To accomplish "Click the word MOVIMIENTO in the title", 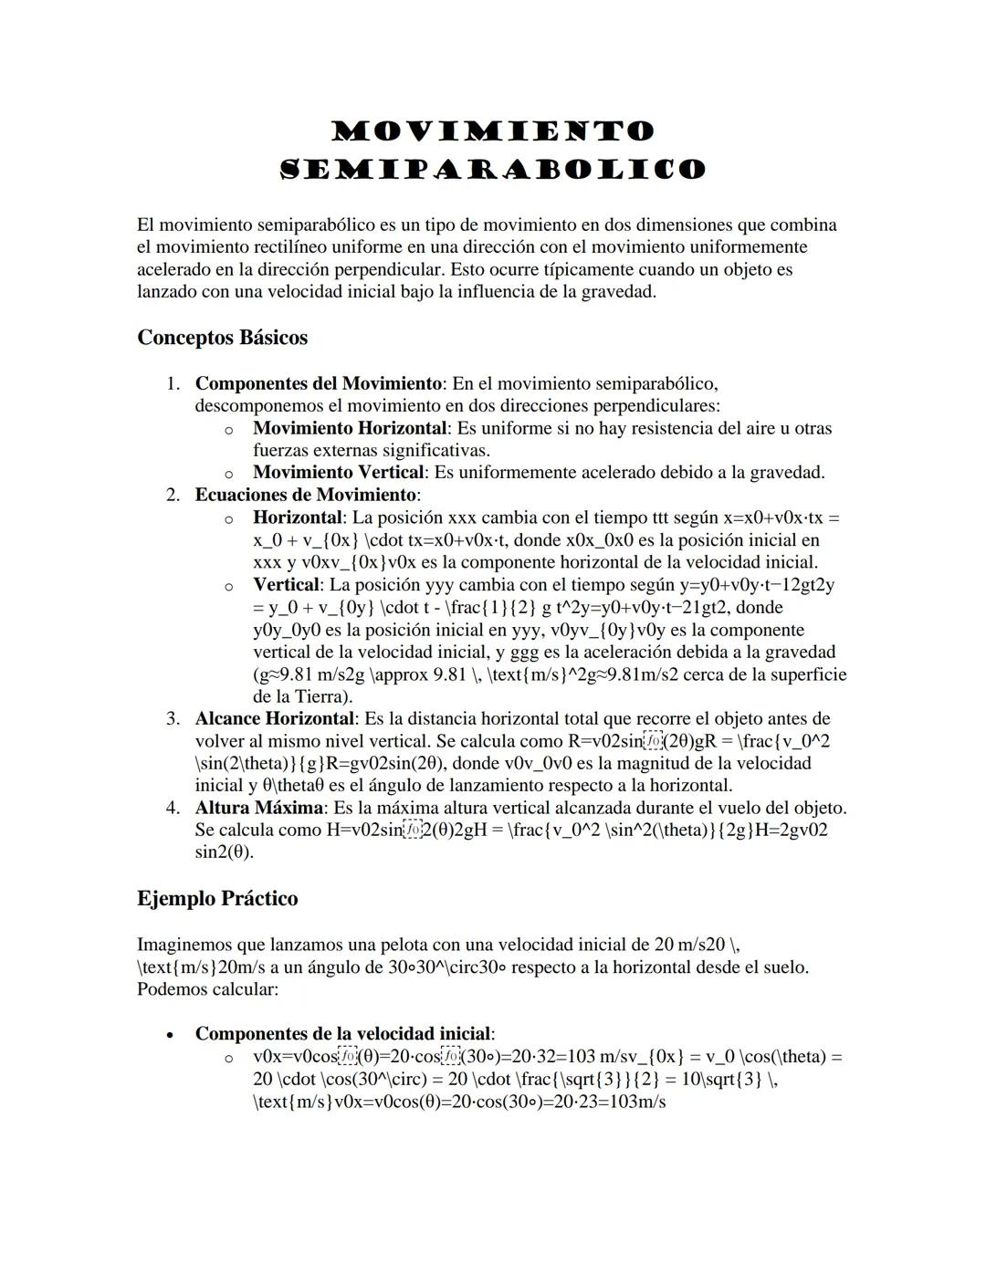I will click(493, 131).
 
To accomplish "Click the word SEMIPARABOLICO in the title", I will click(493, 170).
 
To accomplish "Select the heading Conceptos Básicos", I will click(222, 338).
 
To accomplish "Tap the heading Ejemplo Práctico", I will click(217, 899).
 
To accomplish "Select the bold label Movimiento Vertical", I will click(339, 473).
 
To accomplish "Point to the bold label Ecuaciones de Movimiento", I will click(305, 495).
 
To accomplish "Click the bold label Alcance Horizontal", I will click(274, 718).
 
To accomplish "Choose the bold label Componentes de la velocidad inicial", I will click(342, 1034).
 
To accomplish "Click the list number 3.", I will click(173, 718).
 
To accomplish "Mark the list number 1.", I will click(173, 383).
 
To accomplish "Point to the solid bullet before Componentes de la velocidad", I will click(169, 1035).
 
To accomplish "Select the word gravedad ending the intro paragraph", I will click(617, 292).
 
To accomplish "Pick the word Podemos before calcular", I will click(171, 988).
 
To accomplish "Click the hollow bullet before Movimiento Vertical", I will click(228, 474).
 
